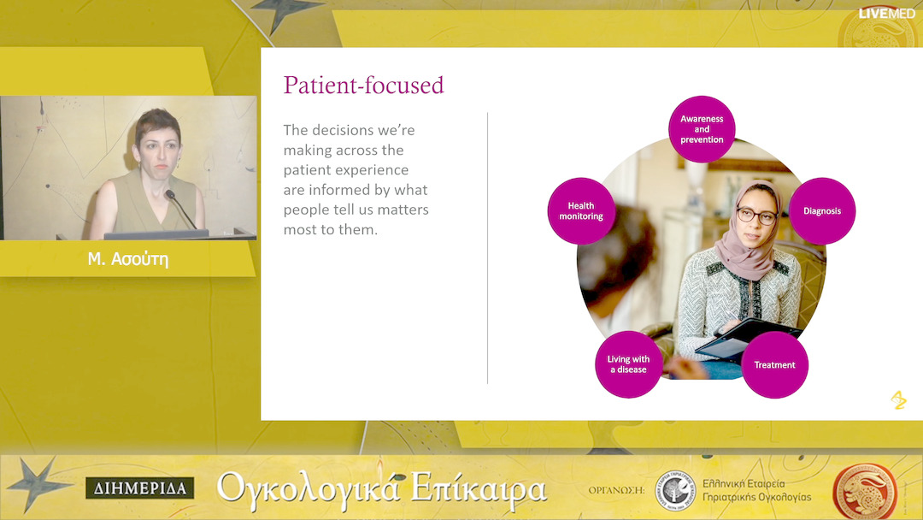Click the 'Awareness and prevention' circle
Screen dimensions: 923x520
pos(702,129)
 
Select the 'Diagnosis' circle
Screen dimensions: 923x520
pos(822,211)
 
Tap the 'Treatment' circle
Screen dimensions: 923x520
pos(774,364)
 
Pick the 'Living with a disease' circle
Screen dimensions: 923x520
pos(629,364)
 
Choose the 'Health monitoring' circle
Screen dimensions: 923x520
pos(581,211)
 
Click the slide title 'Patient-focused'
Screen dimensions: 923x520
pos(363,86)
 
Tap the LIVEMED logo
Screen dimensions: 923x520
pos(886,13)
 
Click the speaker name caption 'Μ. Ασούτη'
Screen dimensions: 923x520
pos(127,259)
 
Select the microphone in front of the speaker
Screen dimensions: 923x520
pos(180,209)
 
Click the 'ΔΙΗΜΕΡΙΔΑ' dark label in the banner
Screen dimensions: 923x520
pos(140,488)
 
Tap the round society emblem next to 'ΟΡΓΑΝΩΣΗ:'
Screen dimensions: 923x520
pos(676,491)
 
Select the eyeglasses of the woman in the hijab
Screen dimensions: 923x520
pos(756,216)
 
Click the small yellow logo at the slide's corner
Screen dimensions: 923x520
pos(898,400)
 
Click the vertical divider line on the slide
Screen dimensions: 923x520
pos(487,248)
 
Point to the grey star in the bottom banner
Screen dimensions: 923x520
pos(38,484)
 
